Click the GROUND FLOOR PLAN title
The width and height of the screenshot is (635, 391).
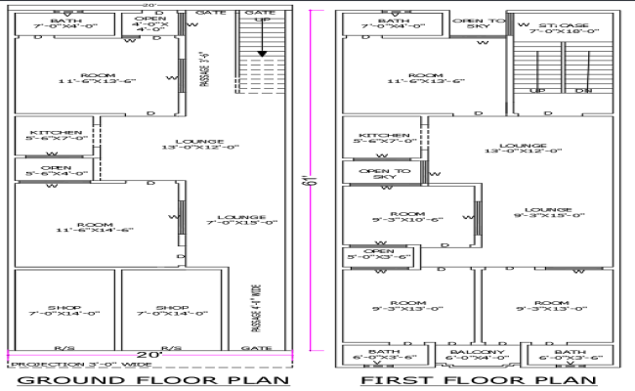coord(153,380)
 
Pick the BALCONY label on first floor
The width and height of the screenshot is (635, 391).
coord(477,356)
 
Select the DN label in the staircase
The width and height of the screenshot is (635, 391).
coord(583,91)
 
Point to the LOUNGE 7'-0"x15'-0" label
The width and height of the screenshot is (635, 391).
coord(235,221)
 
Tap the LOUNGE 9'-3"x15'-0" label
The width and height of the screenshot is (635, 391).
coord(547,212)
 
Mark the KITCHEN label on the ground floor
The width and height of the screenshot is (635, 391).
coord(53,136)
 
